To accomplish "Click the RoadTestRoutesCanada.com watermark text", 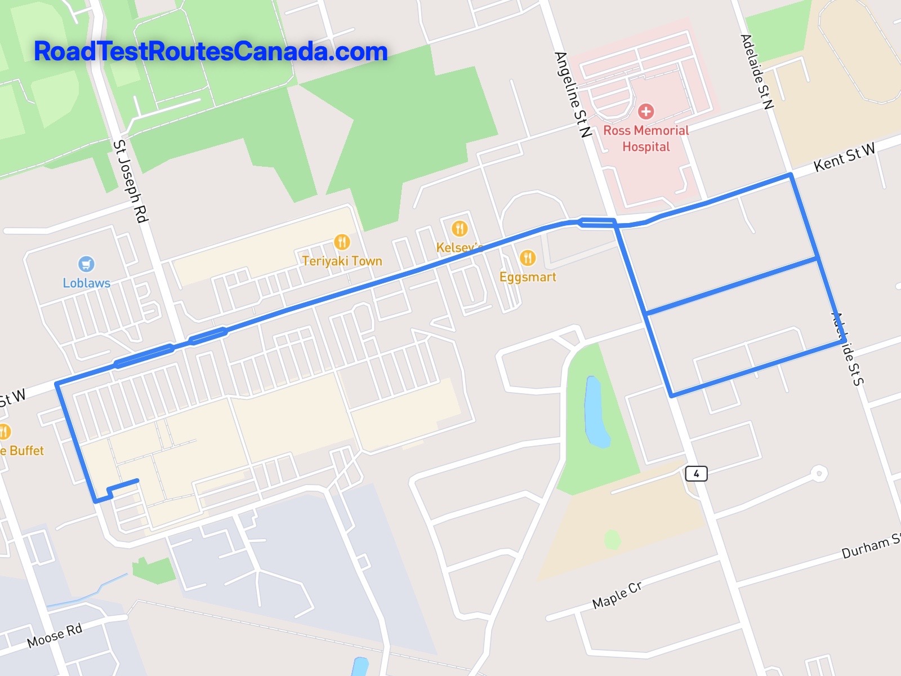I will pos(211,52).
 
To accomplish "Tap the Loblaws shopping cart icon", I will pos(86,264).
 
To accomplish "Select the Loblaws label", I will pos(86,283).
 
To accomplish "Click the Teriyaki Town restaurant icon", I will pos(342,242).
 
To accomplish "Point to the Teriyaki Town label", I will pos(342,261).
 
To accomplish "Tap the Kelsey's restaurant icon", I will pos(460,228).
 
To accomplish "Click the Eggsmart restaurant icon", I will pos(527,258).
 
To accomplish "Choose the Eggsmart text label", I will pos(528,277).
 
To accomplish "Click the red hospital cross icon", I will pos(646,111).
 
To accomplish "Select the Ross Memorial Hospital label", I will pos(646,139).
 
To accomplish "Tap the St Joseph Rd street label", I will pos(130,181).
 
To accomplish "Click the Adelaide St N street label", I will pos(757,71).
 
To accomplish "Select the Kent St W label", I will pos(845,157).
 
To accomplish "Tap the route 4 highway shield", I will pos(696,473).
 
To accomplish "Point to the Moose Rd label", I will pos(55,635).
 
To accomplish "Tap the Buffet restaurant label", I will pos(23,451).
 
